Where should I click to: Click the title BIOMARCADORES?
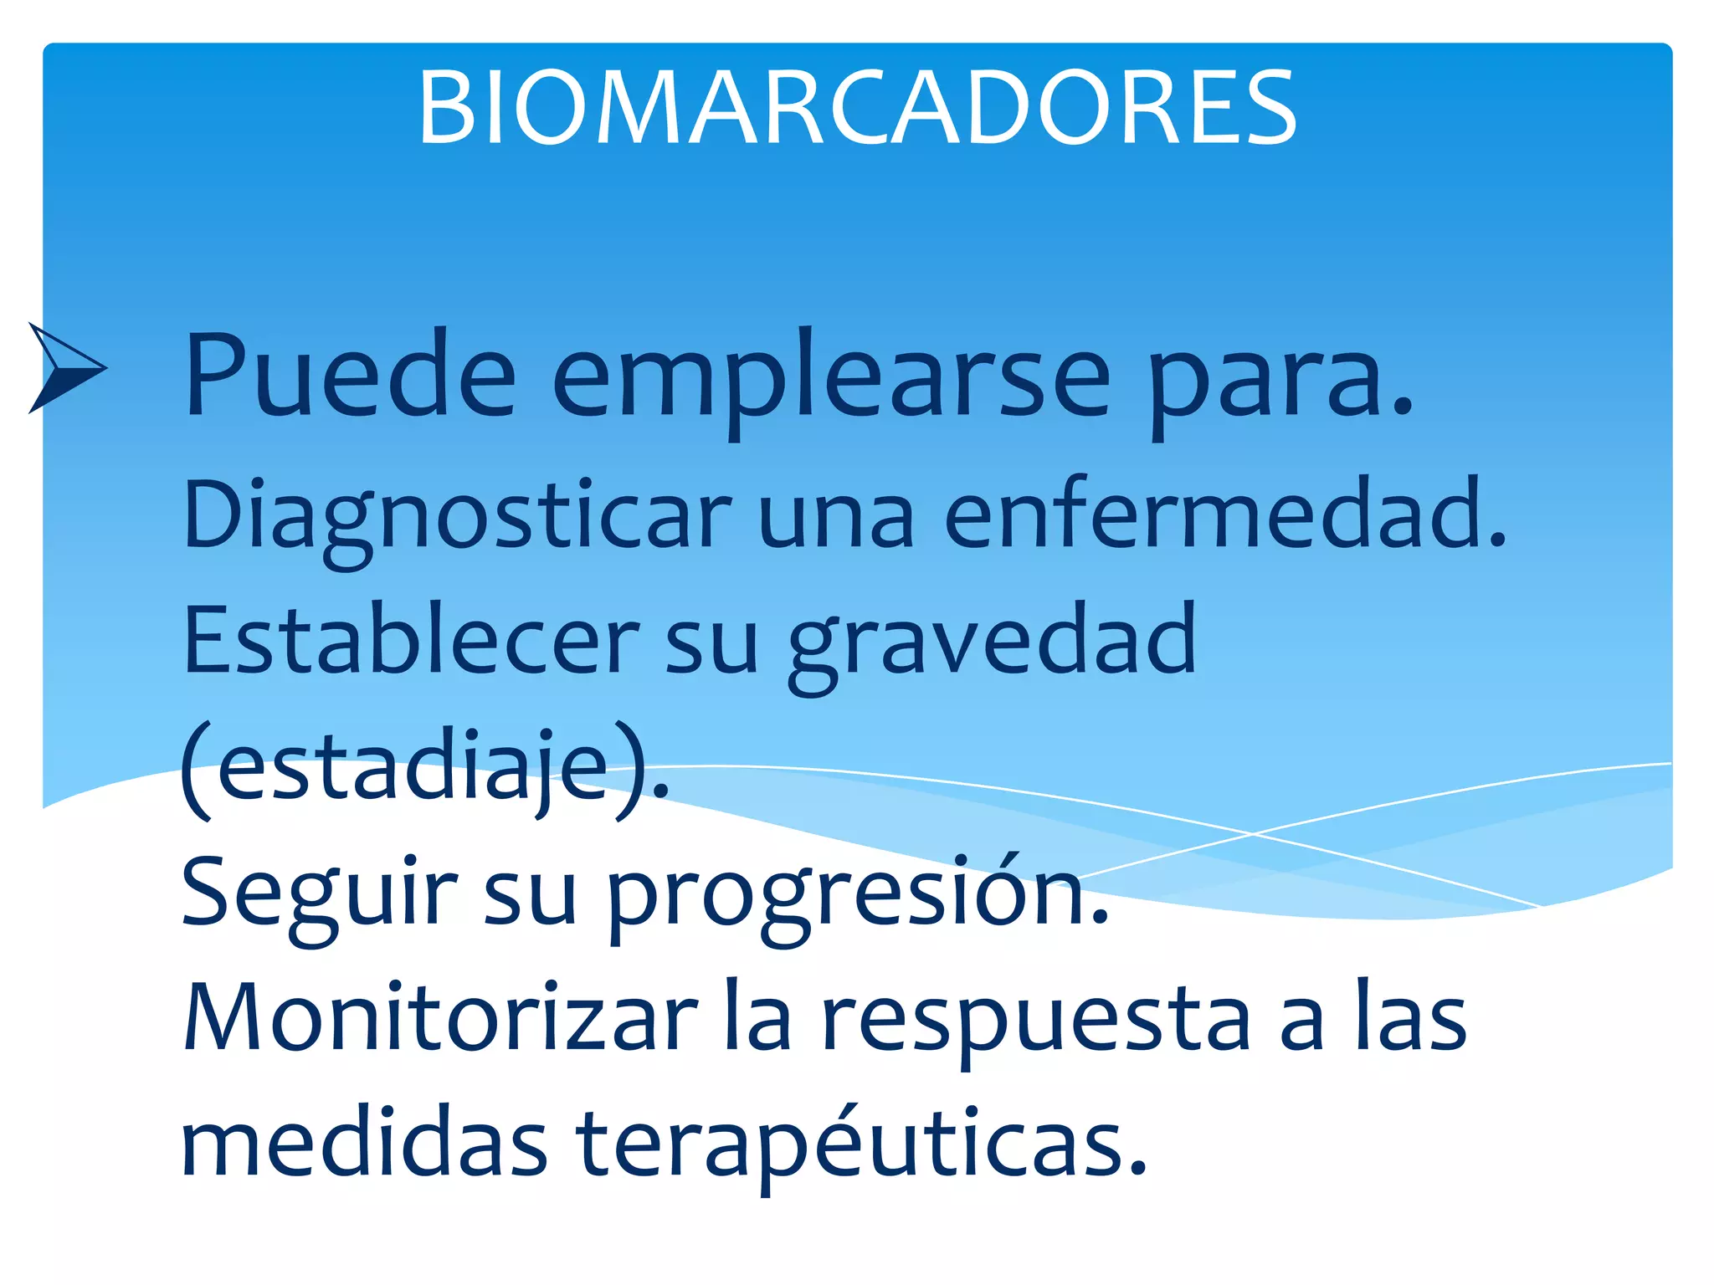pyautogui.click(x=857, y=109)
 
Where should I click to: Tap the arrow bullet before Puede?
pyautogui.click(x=65, y=368)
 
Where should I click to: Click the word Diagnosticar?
pyautogui.click(x=457, y=517)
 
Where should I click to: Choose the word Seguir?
pyautogui.click(x=318, y=893)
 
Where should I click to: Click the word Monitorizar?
pyautogui.click(x=439, y=1017)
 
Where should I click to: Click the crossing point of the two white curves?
pyautogui.click(x=1253, y=833)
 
